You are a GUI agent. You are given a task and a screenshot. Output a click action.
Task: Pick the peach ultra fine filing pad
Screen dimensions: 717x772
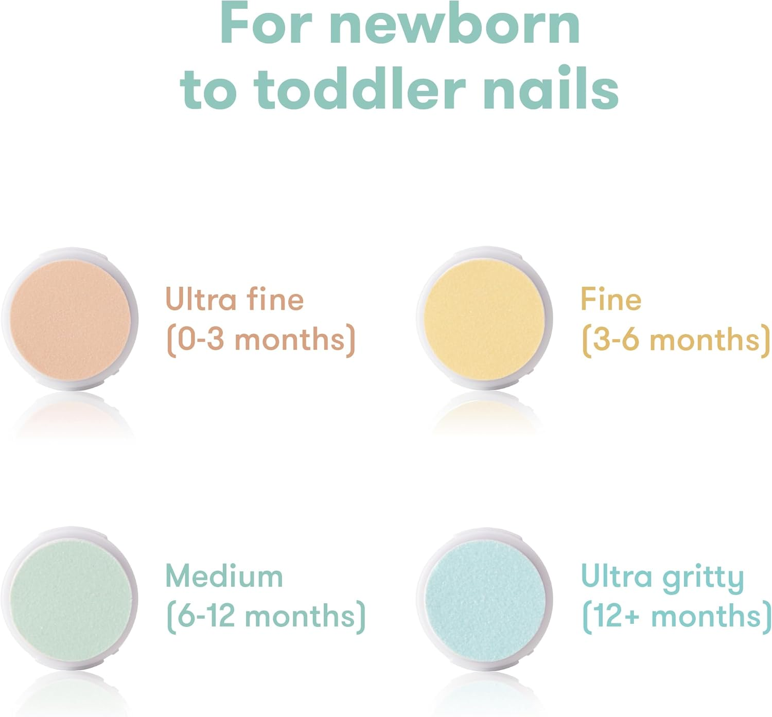[70, 319]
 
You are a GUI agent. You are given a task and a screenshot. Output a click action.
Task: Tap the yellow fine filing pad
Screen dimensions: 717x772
[484, 319]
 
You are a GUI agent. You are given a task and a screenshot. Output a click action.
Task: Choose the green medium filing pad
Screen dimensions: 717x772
[70, 597]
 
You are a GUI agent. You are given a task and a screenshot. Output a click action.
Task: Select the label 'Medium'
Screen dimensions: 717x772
[224, 576]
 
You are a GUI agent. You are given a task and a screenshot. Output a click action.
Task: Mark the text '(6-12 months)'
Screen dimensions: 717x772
[266, 616]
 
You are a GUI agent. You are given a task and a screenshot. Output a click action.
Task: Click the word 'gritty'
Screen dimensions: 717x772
[703, 578]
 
